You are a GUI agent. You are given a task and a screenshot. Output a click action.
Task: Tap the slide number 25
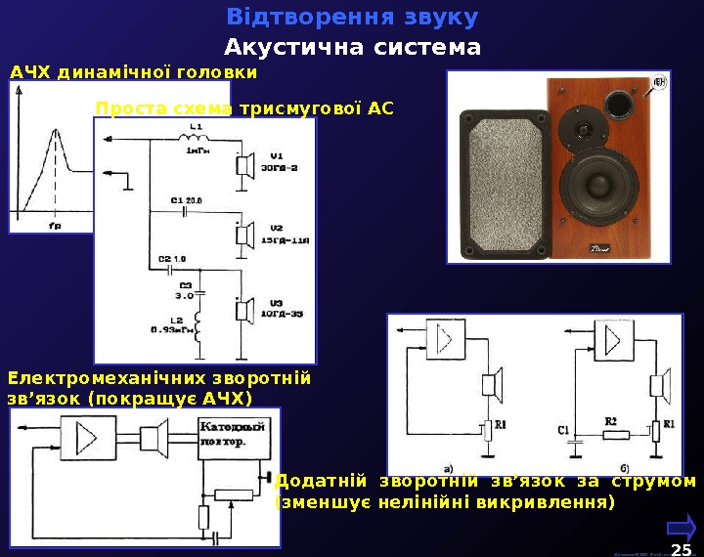pos(681,543)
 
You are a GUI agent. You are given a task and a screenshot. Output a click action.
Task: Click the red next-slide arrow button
pos(681,526)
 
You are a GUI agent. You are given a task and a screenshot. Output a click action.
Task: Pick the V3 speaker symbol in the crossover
pos(242,310)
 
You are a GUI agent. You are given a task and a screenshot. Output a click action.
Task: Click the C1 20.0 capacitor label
pos(185,200)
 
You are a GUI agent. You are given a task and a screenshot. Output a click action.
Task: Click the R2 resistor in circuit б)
pos(614,430)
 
